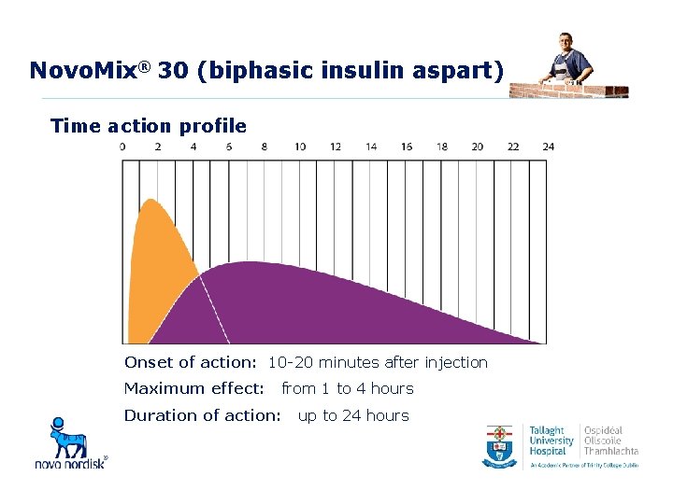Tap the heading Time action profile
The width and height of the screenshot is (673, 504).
click(149, 126)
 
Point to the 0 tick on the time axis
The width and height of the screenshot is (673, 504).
click(122, 147)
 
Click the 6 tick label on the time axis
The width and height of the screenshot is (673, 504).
click(229, 147)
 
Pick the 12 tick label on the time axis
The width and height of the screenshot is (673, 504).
click(336, 147)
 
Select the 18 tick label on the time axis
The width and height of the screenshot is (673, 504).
click(442, 147)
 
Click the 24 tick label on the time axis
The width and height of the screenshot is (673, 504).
click(548, 147)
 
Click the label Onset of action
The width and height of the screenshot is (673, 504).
click(190, 362)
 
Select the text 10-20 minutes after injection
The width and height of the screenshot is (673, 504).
click(378, 362)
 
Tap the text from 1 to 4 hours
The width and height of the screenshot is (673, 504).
click(347, 388)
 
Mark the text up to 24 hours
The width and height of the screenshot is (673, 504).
click(353, 415)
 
